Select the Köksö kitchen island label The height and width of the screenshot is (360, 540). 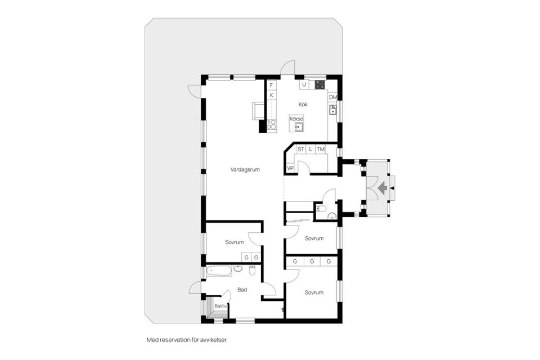(296, 119)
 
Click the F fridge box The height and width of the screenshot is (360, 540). (271, 85)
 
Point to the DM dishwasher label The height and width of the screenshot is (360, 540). (332, 97)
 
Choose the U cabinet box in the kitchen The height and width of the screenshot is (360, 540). (304, 85)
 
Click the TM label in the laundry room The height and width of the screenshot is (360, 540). (320, 149)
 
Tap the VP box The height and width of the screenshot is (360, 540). (290, 168)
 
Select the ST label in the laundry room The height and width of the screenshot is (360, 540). (301, 149)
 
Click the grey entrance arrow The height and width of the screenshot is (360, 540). (382, 187)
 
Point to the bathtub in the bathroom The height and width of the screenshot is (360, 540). (219, 271)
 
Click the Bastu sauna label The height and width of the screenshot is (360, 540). (220, 305)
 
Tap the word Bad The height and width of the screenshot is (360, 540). (242, 290)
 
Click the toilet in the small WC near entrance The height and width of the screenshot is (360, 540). (321, 209)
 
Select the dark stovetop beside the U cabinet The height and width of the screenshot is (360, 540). (319, 85)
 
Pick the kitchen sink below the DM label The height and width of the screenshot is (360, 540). (332, 110)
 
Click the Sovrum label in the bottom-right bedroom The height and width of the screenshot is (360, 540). (314, 292)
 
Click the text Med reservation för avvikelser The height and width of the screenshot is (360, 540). (187, 340)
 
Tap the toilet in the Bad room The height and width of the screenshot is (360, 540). (252, 272)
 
